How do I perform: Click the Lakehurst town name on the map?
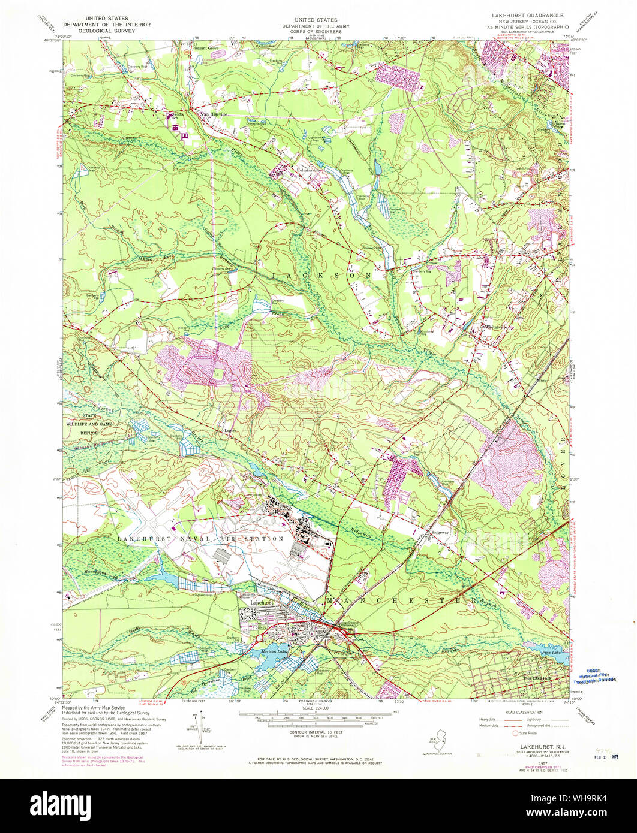(262, 602)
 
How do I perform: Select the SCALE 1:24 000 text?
(318, 708)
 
